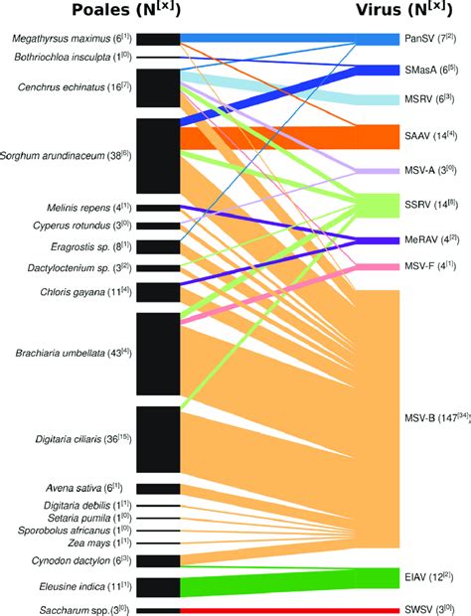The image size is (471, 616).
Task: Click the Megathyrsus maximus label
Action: [x=71, y=38]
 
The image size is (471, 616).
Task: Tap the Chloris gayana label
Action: [x=86, y=291]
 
